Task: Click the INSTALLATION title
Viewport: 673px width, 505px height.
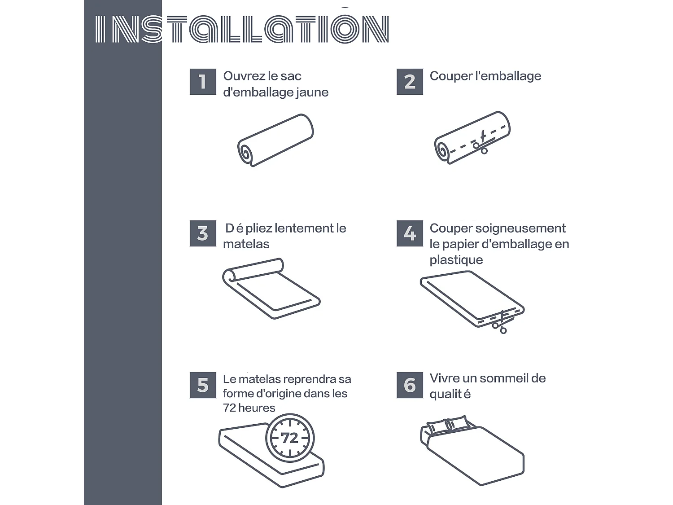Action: coord(242,29)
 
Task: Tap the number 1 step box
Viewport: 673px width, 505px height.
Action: coord(203,82)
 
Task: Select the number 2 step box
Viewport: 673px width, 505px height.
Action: coord(410,82)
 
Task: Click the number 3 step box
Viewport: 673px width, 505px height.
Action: coord(203,233)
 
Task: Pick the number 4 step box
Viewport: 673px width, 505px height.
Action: coord(410,233)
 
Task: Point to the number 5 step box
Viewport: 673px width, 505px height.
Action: coord(203,385)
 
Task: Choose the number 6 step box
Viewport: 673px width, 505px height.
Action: coord(410,385)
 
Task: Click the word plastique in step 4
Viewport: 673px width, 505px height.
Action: coord(456,260)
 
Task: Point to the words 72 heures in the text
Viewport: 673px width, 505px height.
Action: coord(249,408)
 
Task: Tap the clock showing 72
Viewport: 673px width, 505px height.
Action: coord(290,438)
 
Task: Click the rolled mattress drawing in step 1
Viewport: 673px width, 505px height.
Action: coord(275,140)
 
